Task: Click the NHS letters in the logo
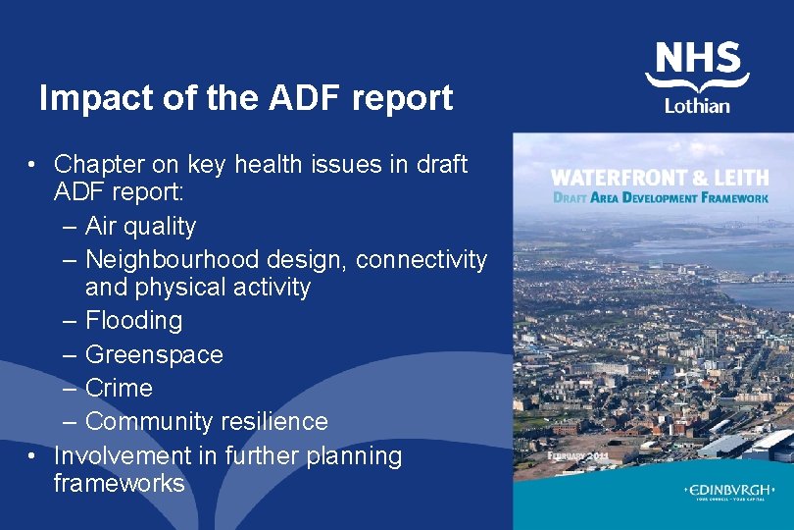(697, 58)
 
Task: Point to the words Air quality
(140, 226)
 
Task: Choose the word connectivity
(422, 259)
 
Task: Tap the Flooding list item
(133, 320)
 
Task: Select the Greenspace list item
(154, 354)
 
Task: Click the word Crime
(119, 388)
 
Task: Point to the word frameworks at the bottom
(119, 483)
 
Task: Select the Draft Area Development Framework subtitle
(661, 197)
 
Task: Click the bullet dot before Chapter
(33, 164)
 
